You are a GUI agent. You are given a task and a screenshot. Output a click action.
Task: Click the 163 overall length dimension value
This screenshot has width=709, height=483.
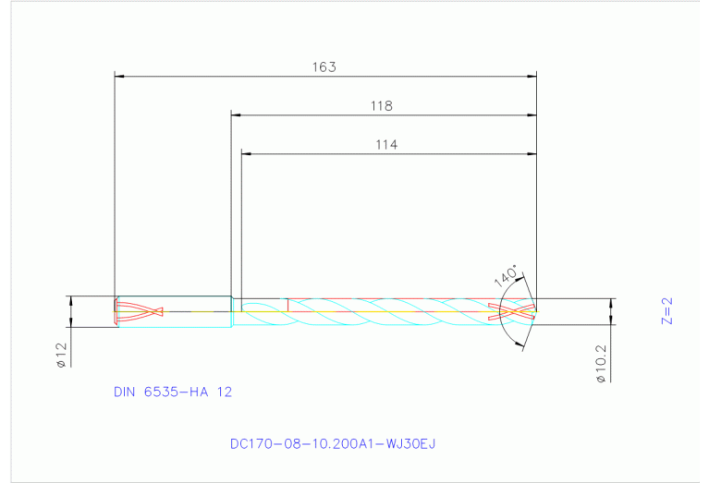(324, 67)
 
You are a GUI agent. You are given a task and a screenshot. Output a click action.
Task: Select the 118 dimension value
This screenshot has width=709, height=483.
(382, 106)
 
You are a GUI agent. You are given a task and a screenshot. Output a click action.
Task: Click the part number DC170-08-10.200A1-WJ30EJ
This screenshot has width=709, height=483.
(332, 444)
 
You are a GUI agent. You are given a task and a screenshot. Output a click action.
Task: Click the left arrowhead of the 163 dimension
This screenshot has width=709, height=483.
(118, 77)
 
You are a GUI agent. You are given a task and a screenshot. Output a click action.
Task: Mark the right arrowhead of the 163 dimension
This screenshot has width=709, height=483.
(532, 77)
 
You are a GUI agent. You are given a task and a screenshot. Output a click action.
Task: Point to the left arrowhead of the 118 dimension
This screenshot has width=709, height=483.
(236, 115)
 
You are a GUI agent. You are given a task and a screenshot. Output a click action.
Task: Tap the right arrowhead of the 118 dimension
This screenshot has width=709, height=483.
(532, 115)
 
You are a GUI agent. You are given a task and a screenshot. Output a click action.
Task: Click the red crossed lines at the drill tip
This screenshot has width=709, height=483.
(517, 312)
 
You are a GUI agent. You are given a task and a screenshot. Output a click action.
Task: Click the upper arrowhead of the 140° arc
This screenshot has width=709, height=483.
(522, 276)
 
